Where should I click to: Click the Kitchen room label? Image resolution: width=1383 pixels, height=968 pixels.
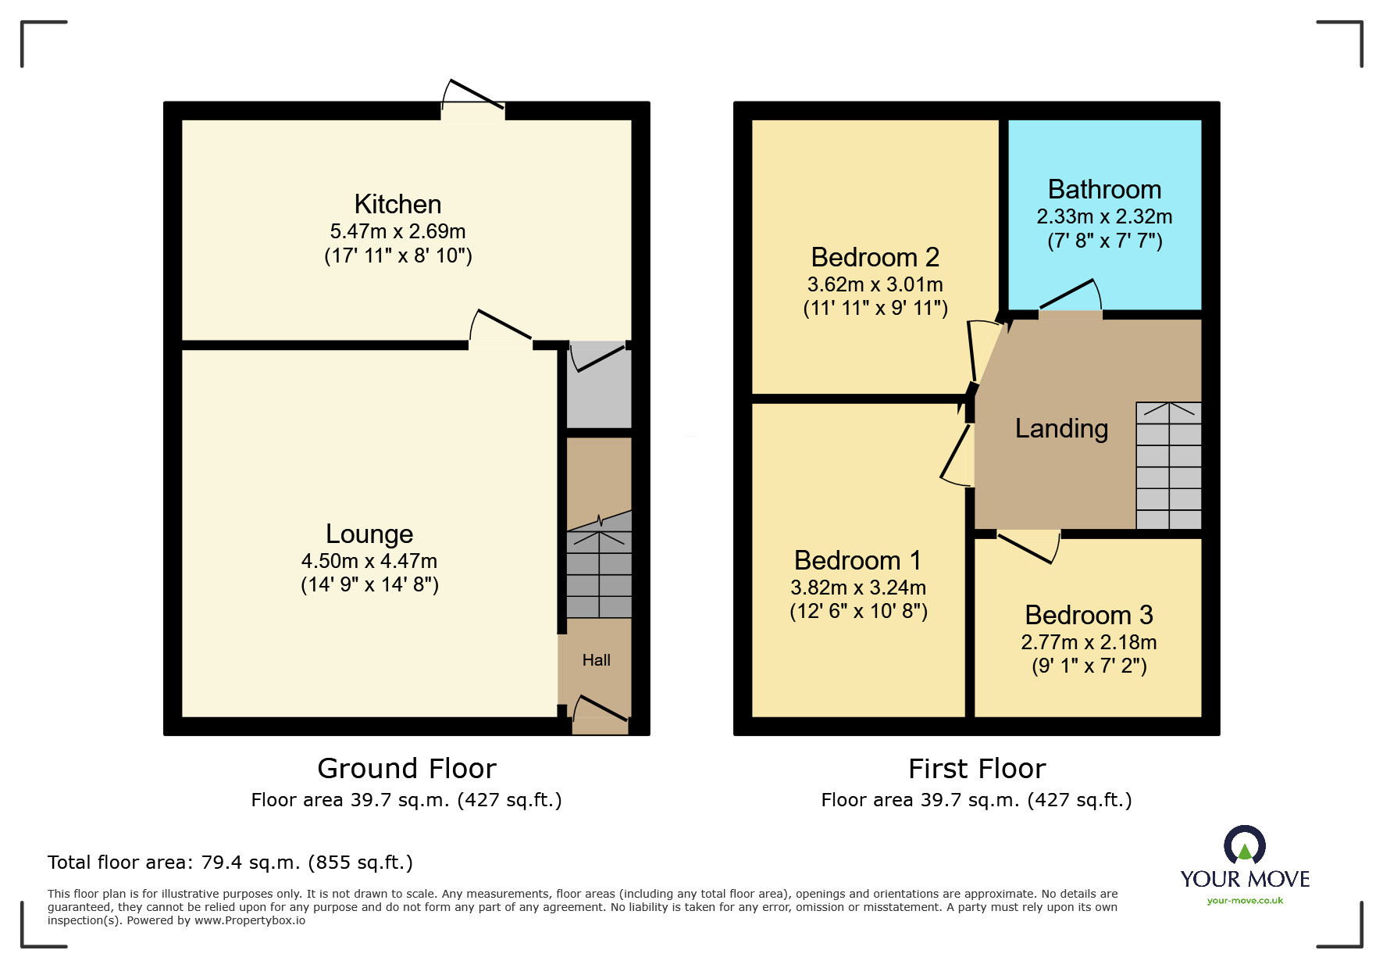tap(397, 204)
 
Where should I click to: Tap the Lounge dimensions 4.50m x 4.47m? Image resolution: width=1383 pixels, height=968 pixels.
tap(369, 561)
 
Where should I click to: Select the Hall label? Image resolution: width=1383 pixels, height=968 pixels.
tap(596, 660)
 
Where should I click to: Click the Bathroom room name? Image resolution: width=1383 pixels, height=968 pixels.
tap(1104, 189)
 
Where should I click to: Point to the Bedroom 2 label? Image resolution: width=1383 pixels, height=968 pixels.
tap(875, 257)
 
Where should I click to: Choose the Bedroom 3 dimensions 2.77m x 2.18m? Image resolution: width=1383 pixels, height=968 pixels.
tap(1089, 642)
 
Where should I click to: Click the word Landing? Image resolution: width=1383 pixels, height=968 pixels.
tap(1061, 428)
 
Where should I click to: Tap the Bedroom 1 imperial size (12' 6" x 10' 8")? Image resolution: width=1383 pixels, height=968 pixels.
tap(858, 611)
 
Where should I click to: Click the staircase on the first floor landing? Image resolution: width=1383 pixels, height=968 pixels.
tap(1168, 466)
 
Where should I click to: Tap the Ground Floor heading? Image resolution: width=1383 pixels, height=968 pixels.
tap(406, 769)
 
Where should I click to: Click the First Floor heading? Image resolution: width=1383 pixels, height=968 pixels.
tap(976, 769)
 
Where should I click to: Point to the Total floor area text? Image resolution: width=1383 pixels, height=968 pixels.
tap(230, 863)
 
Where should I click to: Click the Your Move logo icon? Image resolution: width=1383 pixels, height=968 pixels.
tap(1244, 845)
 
